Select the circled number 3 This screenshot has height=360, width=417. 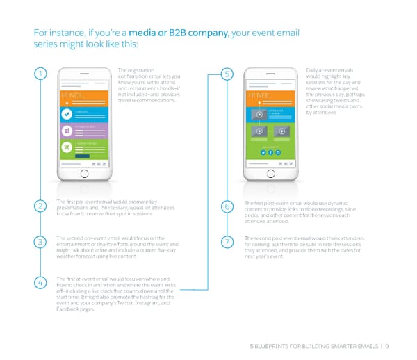point(42,242)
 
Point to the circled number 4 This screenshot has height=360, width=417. point(42,283)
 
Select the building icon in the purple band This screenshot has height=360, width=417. point(66,131)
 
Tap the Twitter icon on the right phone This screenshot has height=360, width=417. point(264,152)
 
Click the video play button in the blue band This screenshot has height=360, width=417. point(259,114)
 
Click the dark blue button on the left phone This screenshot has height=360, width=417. point(82,156)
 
